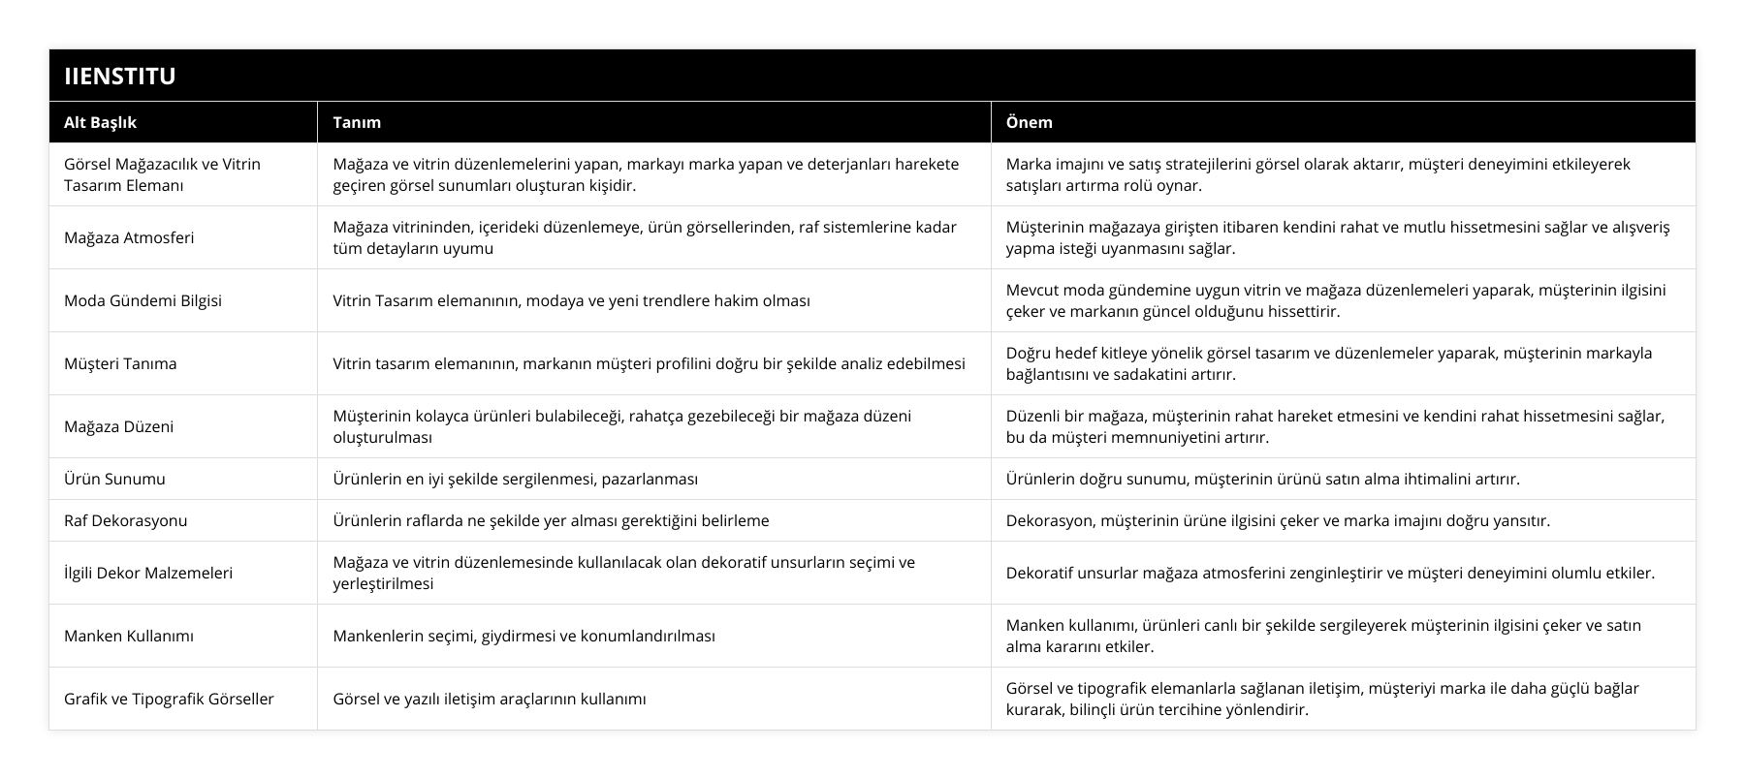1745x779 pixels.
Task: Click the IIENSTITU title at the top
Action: pos(119,76)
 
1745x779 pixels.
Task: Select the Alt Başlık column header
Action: pos(100,122)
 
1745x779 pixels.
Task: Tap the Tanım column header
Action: pos(357,122)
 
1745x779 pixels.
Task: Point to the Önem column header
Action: pos(1029,122)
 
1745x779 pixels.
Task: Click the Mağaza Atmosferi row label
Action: pos(129,237)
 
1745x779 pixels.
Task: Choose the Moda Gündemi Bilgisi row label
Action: pos(143,300)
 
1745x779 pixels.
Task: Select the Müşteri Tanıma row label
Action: pos(120,363)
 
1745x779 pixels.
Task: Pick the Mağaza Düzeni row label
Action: pos(118,426)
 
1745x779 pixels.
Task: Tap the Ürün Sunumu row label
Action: pos(114,479)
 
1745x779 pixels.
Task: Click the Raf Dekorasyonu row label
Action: pos(125,520)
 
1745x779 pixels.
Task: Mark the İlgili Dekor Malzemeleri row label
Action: pos(148,573)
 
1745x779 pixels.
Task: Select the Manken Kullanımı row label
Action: pos(129,636)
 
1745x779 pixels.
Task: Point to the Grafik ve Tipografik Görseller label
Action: pos(169,699)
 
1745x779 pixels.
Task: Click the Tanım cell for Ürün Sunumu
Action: pos(515,479)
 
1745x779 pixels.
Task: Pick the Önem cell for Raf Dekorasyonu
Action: pos(1278,520)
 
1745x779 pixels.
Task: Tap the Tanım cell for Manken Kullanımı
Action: pos(523,636)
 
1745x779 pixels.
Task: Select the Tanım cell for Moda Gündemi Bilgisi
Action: pos(571,300)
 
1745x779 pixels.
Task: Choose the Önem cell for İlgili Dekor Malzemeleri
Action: pos(1330,573)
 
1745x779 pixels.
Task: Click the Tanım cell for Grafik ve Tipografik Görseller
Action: pos(490,699)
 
